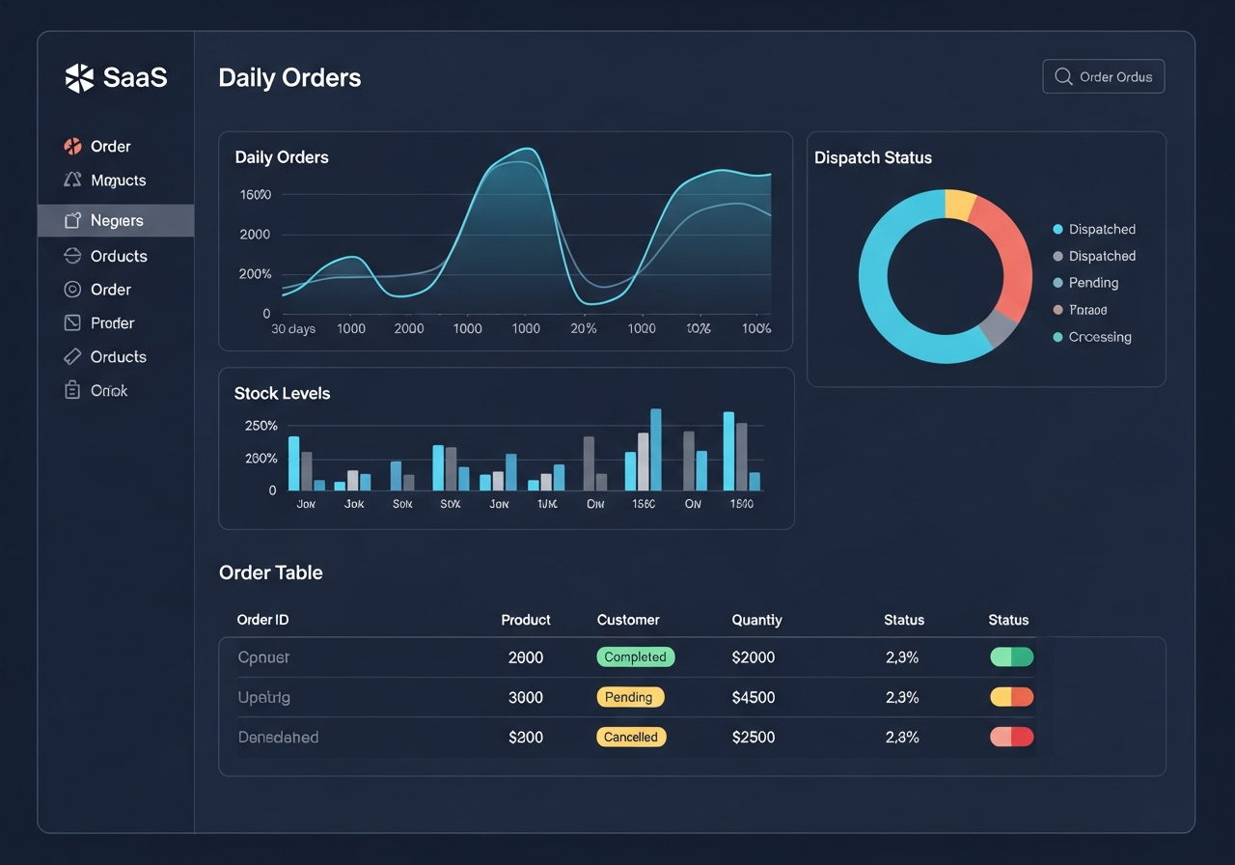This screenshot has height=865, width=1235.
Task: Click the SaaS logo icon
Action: (x=79, y=77)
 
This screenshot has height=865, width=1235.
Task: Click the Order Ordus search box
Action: (x=1103, y=76)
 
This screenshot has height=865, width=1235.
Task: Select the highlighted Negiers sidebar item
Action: (x=116, y=220)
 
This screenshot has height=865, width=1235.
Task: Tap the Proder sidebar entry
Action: (x=112, y=323)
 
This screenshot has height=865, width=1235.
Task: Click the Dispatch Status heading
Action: (x=872, y=157)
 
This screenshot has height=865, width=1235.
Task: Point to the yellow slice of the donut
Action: (x=960, y=204)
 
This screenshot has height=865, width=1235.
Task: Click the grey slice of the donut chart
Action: (x=998, y=329)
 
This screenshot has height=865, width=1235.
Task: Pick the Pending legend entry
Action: (x=1092, y=283)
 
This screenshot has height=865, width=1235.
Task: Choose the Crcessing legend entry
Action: (x=1099, y=337)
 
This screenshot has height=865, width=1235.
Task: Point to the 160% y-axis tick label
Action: (x=255, y=195)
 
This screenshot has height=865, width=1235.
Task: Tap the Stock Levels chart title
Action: (x=282, y=393)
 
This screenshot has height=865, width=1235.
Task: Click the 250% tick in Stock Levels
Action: (x=261, y=426)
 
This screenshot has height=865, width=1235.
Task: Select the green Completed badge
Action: (x=635, y=656)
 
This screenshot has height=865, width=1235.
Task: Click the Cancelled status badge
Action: (x=630, y=737)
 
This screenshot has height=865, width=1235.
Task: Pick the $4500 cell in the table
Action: (x=753, y=697)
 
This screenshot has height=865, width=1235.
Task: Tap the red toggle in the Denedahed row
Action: (x=1011, y=737)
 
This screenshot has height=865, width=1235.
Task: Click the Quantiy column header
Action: (x=756, y=620)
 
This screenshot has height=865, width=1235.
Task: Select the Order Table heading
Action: (x=270, y=572)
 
